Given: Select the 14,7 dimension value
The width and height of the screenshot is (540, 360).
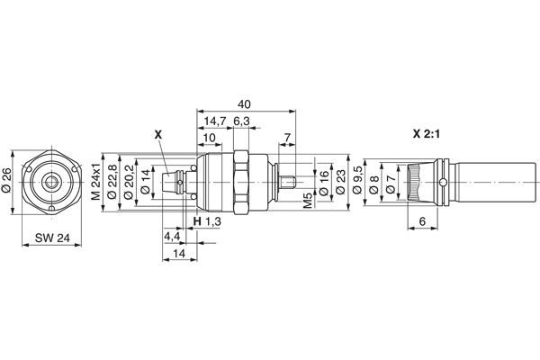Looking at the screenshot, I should tap(213, 121).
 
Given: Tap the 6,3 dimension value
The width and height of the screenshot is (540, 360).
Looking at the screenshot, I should tap(241, 121).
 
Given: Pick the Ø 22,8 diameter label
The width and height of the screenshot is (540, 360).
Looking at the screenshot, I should tap(113, 181).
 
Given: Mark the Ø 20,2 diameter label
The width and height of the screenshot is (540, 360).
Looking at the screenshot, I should tap(129, 181).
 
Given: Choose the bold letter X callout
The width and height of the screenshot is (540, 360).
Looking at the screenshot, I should tap(158, 134).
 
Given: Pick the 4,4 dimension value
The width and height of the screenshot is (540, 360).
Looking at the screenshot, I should tap(171, 237).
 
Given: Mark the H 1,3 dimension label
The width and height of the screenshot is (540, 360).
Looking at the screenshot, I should tap(207, 221).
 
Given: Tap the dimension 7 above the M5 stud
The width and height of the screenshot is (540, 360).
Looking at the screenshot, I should tap(286, 138).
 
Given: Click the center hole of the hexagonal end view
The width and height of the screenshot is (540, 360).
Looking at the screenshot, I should tap(51, 182).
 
